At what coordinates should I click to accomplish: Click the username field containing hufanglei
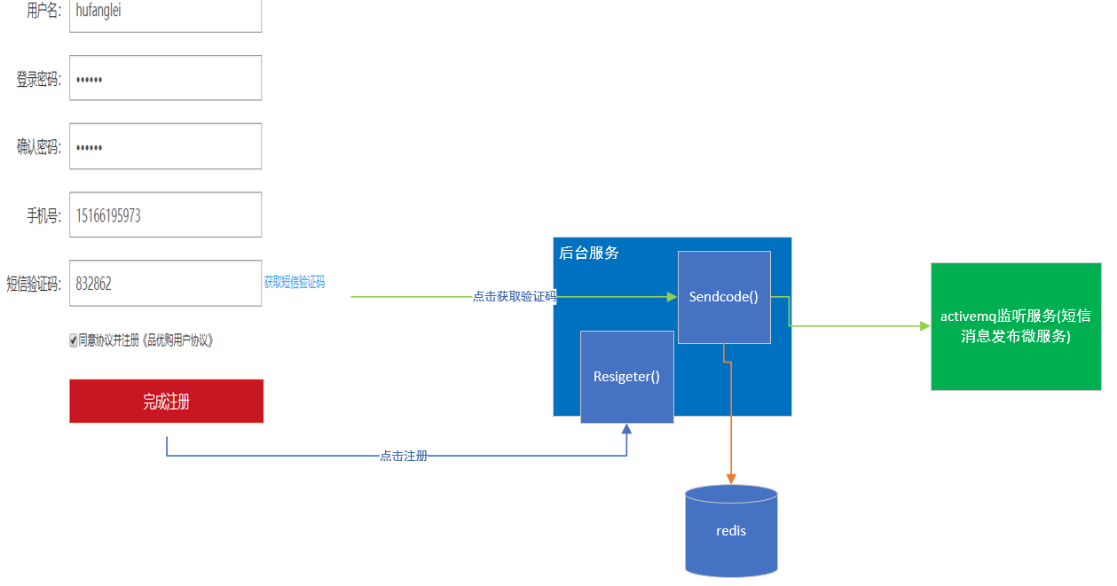pos(165,12)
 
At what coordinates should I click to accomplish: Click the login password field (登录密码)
pos(165,78)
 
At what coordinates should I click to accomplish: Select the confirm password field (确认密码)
pos(165,146)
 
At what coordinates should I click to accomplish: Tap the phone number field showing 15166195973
pos(165,215)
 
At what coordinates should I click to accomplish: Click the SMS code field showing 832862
pos(165,283)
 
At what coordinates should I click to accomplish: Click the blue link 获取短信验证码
pos(294,283)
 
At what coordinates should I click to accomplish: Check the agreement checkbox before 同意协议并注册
pos(74,340)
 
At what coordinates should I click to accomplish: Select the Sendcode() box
pos(724,297)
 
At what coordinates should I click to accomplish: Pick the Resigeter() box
pos(626,377)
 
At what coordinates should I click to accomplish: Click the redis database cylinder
pos(731,531)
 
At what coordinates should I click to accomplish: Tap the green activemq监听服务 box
pos(1016,326)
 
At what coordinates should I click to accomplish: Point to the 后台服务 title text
pos(589,253)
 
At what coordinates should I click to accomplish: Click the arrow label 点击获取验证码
pos(515,297)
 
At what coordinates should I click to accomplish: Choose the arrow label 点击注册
pos(404,456)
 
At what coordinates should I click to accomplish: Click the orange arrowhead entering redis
pos(731,479)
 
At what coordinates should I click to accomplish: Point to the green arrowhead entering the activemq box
pos(925,326)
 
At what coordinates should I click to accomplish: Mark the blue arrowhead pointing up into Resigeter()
pos(626,429)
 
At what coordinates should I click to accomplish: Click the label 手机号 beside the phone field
pos(43,215)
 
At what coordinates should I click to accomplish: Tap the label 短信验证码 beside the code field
pos(34,284)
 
